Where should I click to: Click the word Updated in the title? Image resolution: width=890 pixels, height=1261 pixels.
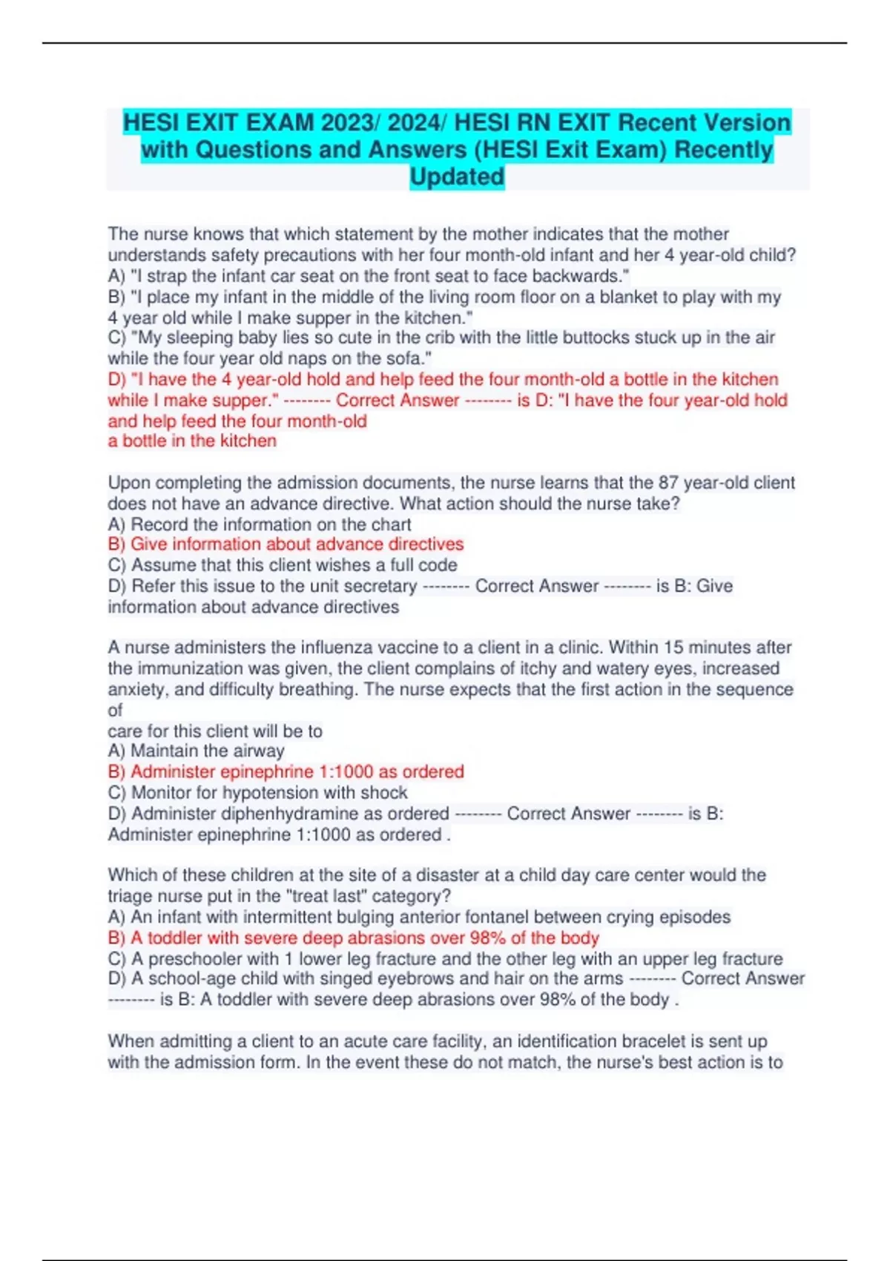click(457, 177)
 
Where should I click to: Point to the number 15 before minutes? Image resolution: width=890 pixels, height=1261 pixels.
click(673, 647)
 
